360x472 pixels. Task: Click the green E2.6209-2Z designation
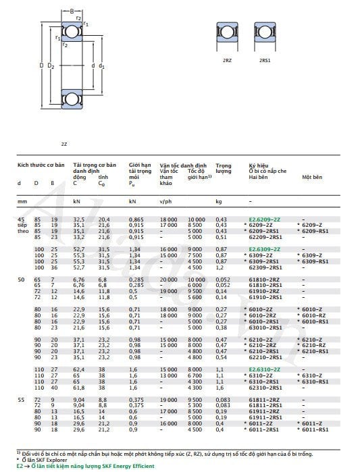tap(265, 220)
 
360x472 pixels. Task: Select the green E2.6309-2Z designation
tap(265, 249)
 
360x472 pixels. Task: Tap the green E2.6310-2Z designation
tap(265, 369)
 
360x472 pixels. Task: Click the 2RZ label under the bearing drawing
tap(227, 61)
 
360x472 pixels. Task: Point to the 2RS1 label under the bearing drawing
tap(265, 61)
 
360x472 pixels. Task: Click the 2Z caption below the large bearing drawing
tap(64, 144)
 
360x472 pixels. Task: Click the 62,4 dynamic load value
tap(78, 369)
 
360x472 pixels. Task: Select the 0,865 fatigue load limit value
tap(136, 220)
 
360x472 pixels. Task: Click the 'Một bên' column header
tap(311, 176)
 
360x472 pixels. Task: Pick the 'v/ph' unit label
tap(165, 201)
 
